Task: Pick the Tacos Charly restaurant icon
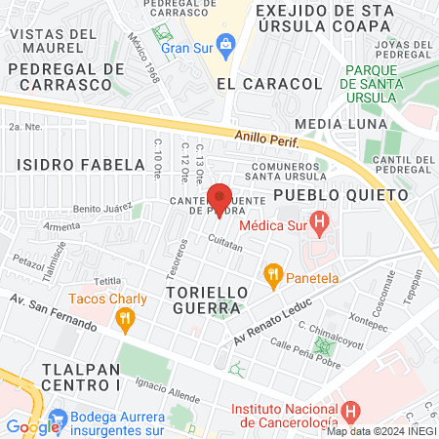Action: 123,317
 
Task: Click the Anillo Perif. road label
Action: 263,140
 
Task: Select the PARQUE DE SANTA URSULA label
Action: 384,84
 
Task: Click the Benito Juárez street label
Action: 102,209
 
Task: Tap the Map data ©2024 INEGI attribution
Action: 380,431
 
